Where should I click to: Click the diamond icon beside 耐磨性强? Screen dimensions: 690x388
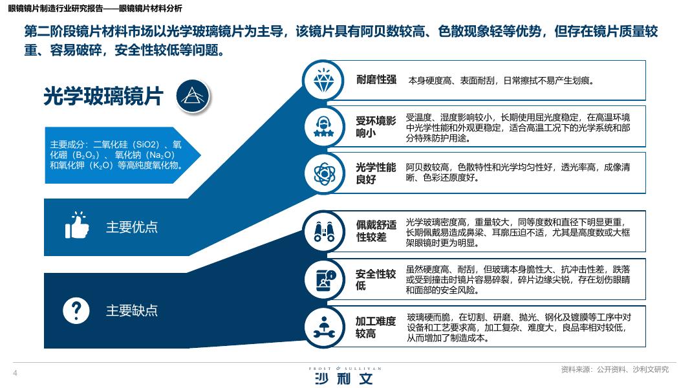pyautogui.click(x=323, y=80)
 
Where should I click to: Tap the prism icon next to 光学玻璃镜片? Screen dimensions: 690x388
pyautogui.click(x=193, y=96)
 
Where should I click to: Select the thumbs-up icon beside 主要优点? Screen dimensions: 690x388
pyautogui.click(x=77, y=225)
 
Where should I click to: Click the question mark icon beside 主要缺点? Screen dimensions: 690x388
pyautogui.click(x=76, y=310)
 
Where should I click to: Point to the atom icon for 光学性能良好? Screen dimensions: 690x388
pyautogui.click(x=325, y=173)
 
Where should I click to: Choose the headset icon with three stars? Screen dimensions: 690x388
pyautogui.click(x=324, y=127)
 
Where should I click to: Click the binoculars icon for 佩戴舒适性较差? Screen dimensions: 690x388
pyautogui.click(x=324, y=232)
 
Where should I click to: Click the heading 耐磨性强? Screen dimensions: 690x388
pyautogui.click(x=376, y=80)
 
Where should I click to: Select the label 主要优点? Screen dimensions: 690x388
pyautogui.click(x=131, y=227)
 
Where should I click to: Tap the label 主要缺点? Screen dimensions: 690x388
pyautogui.click(x=131, y=310)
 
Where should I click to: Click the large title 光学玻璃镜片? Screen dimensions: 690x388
pyautogui.click(x=103, y=96)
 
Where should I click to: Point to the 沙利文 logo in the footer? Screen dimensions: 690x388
pyautogui.click(x=344, y=379)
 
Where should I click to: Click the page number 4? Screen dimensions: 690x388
pyautogui.click(x=15, y=373)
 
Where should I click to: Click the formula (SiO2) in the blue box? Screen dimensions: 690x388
pyautogui.click(x=148, y=144)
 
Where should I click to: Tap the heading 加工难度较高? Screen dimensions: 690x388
pyautogui.click(x=376, y=327)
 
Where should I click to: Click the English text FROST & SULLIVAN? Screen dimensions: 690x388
pyautogui.click(x=345, y=369)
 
